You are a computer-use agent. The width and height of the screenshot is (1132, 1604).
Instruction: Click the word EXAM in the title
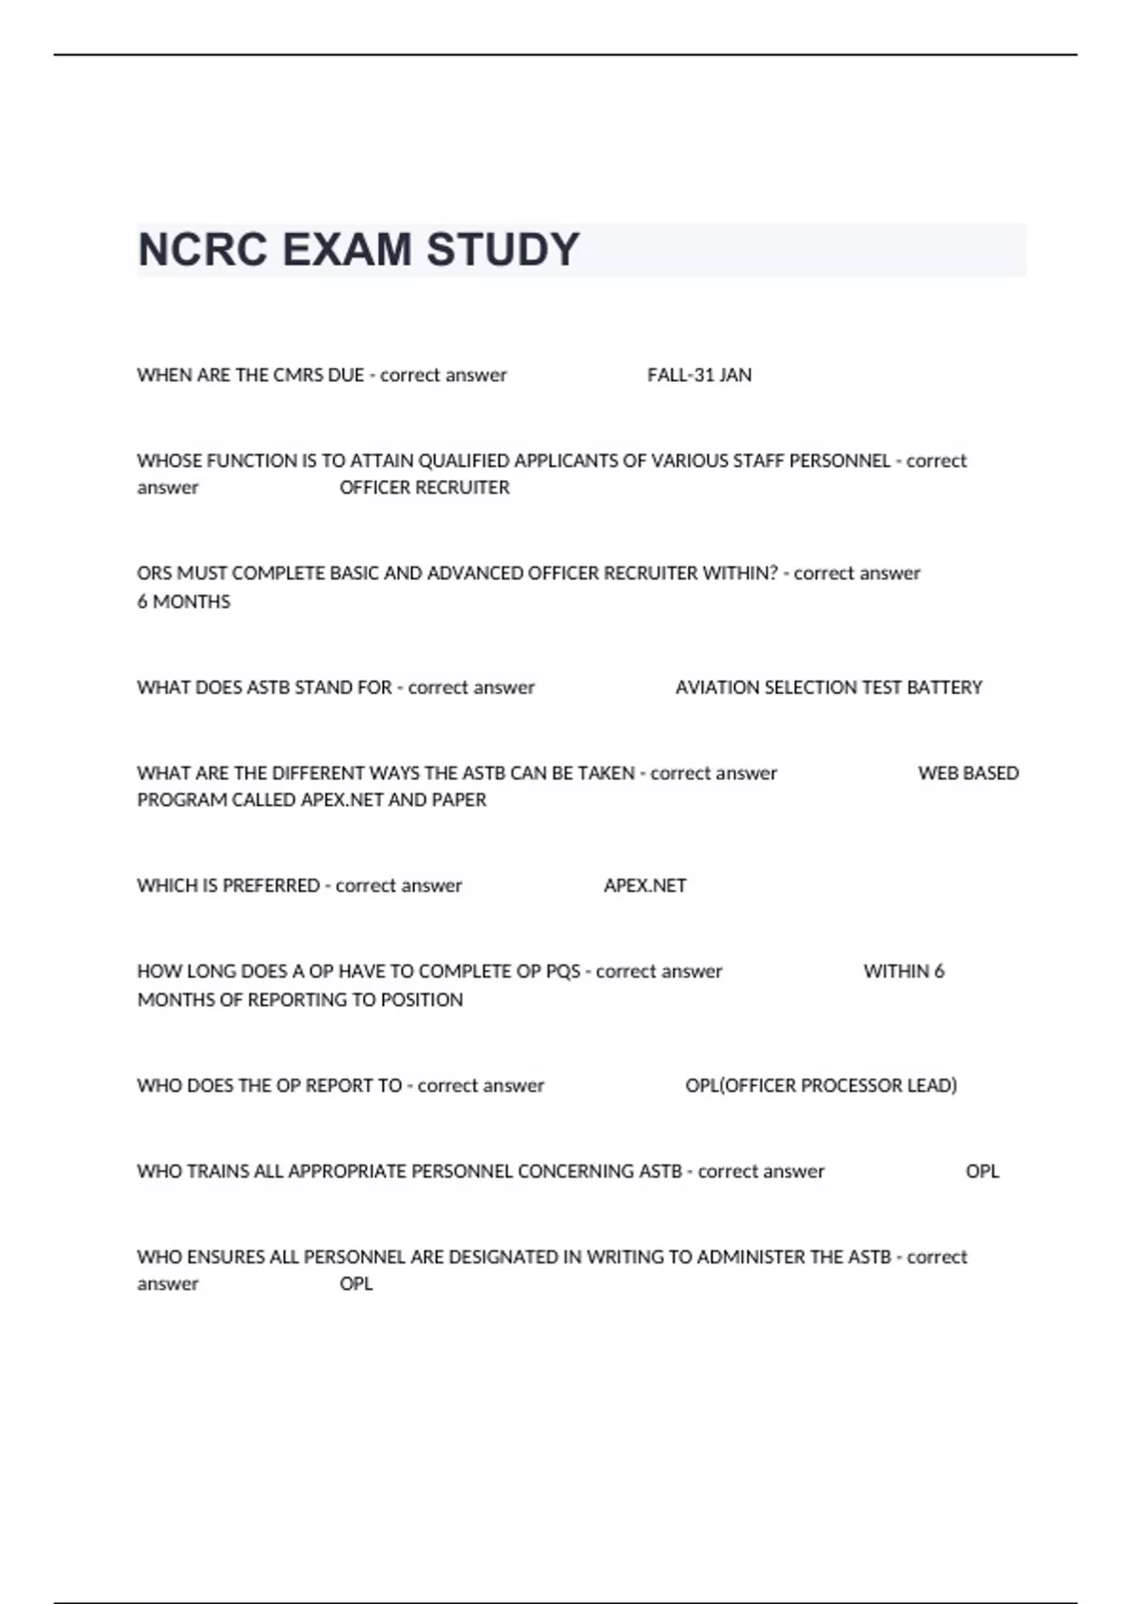coord(346,250)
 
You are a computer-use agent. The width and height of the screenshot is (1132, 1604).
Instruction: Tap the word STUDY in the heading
coord(503,250)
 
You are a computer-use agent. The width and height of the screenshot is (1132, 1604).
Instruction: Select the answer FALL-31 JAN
coord(699,376)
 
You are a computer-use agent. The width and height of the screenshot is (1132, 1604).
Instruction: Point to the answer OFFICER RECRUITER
coord(424,488)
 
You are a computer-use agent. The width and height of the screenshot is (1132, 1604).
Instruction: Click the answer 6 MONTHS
coord(184,602)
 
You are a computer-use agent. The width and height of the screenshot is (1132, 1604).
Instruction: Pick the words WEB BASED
coord(968,774)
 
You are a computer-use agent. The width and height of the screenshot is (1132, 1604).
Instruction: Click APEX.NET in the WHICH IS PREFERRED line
coord(645,886)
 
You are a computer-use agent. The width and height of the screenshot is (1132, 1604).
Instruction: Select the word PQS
coord(563,972)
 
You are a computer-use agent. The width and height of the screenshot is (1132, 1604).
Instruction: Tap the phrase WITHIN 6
coord(904,972)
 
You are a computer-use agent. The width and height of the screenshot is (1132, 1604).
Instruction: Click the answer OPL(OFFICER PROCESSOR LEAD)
coord(821,1086)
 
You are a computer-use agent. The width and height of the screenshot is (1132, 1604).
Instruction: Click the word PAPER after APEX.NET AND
coord(459,800)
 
